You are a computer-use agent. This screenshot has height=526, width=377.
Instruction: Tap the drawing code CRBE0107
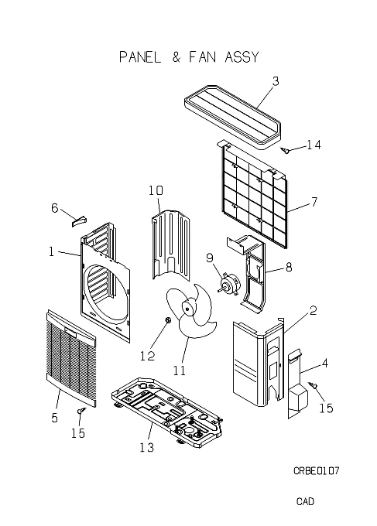tap(317, 470)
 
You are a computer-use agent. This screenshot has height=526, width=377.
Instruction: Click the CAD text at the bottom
tap(305, 501)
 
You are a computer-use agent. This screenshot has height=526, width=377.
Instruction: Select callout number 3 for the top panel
tap(276, 81)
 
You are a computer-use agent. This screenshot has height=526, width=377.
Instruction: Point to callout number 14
tap(314, 145)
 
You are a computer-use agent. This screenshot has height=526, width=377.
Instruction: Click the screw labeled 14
tap(286, 151)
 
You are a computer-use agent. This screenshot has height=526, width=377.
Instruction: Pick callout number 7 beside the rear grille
tap(314, 202)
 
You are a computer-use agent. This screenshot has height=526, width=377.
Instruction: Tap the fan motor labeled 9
tap(229, 283)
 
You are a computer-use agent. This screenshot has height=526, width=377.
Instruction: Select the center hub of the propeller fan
tap(187, 308)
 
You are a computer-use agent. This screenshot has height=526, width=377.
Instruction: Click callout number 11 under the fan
tap(180, 371)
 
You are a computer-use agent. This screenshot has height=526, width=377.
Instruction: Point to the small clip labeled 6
tap(79, 222)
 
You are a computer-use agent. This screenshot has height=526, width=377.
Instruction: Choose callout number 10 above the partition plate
tap(156, 190)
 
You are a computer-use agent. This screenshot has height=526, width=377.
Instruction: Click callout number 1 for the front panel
tap(51, 251)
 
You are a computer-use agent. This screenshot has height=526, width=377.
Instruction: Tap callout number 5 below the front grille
tap(55, 418)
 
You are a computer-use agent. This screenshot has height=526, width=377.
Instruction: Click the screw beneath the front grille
tap(82, 410)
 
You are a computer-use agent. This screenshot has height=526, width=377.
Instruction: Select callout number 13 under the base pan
tap(147, 447)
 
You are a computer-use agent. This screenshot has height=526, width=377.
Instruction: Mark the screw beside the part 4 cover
tap(313, 385)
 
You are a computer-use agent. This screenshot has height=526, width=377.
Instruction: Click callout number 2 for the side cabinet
tap(313, 311)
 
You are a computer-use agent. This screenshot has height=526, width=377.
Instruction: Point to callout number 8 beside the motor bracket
tap(289, 268)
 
